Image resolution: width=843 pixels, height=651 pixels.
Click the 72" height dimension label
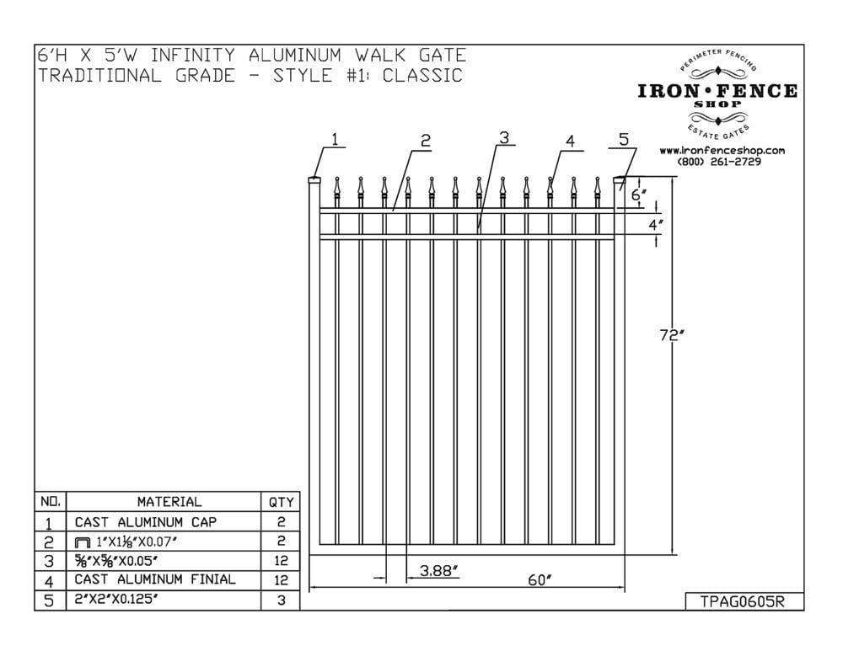tap(672, 336)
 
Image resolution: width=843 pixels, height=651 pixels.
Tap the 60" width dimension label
tap(540, 580)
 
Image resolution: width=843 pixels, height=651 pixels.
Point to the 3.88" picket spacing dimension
tap(439, 570)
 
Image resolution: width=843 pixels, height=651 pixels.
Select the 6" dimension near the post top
tap(639, 195)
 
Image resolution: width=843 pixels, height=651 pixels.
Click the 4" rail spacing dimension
tap(655, 225)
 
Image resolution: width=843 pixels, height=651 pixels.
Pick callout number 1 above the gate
tap(336, 140)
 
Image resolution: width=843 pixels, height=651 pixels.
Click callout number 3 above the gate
tap(504, 137)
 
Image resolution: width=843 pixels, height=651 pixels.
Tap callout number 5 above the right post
tap(624, 140)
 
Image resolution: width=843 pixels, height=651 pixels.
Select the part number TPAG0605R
tap(743, 601)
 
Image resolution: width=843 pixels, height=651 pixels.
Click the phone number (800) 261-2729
tap(719, 162)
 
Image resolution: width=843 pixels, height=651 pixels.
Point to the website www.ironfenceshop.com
tap(722, 151)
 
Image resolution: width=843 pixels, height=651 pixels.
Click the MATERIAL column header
tap(169, 502)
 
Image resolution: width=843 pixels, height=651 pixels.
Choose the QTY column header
tap(282, 502)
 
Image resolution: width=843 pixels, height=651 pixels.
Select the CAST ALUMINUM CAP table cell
tap(145, 522)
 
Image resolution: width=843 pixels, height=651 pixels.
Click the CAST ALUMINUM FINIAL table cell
tap(155, 579)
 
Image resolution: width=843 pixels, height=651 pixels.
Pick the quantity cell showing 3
tap(282, 600)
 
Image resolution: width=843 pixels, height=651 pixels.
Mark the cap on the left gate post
tap(314, 180)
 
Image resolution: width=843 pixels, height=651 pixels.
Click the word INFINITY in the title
tap(193, 56)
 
